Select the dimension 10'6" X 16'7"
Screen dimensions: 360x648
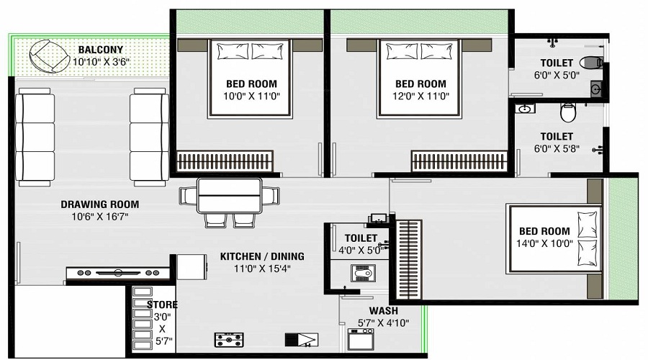[99, 217]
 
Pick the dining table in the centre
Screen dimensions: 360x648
[229, 195]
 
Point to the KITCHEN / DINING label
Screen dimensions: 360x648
[262, 256]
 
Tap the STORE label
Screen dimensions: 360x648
[162, 305]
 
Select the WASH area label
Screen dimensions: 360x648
[383, 311]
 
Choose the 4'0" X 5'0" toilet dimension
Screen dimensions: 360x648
[361, 251]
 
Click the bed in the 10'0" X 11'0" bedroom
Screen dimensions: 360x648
[250, 78]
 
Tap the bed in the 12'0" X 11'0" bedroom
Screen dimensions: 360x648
[420, 78]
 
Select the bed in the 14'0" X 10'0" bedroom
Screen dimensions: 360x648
[554, 238]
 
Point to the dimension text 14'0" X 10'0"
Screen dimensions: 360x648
[545, 244]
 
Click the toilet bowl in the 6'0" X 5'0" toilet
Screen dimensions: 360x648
[590, 63]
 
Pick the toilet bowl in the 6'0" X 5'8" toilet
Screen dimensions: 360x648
[568, 112]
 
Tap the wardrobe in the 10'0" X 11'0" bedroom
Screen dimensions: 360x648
[225, 161]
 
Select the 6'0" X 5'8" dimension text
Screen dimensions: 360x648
[557, 149]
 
